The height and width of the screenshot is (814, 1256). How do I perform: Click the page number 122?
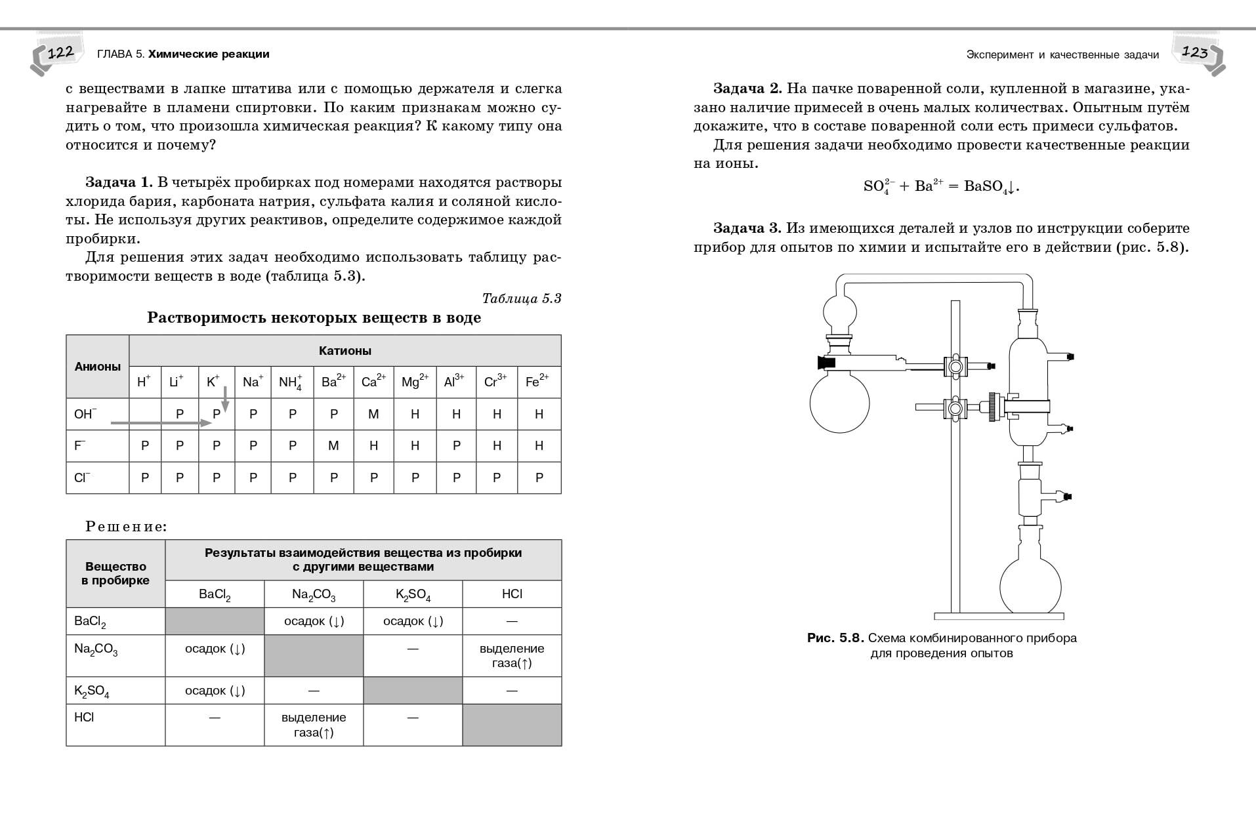tap(60, 53)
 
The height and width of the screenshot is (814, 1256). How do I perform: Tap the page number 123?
tap(1194, 52)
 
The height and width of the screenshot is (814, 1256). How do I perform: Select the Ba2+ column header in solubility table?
tap(333, 382)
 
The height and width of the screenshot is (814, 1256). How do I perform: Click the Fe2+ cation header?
tap(537, 382)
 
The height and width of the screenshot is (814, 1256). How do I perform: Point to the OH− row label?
tap(85, 414)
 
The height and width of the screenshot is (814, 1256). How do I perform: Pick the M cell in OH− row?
tap(373, 414)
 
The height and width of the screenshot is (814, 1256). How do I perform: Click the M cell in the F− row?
tap(333, 446)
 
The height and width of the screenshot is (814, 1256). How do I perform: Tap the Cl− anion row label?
tap(81, 478)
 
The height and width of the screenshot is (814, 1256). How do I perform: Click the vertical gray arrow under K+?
tap(225, 399)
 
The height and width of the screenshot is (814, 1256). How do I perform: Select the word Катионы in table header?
tap(345, 351)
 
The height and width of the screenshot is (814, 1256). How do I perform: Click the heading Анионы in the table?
tap(97, 367)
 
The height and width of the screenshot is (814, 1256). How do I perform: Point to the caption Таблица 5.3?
tap(522, 298)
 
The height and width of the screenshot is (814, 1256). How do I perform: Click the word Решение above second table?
tap(126, 527)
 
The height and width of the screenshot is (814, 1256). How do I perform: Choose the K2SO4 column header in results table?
tap(413, 595)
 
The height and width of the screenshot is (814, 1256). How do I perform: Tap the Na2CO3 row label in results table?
tap(96, 649)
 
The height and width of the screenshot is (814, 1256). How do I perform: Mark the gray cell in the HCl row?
tap(512, 725)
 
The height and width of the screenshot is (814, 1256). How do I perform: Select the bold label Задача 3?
tap(747, 228)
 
